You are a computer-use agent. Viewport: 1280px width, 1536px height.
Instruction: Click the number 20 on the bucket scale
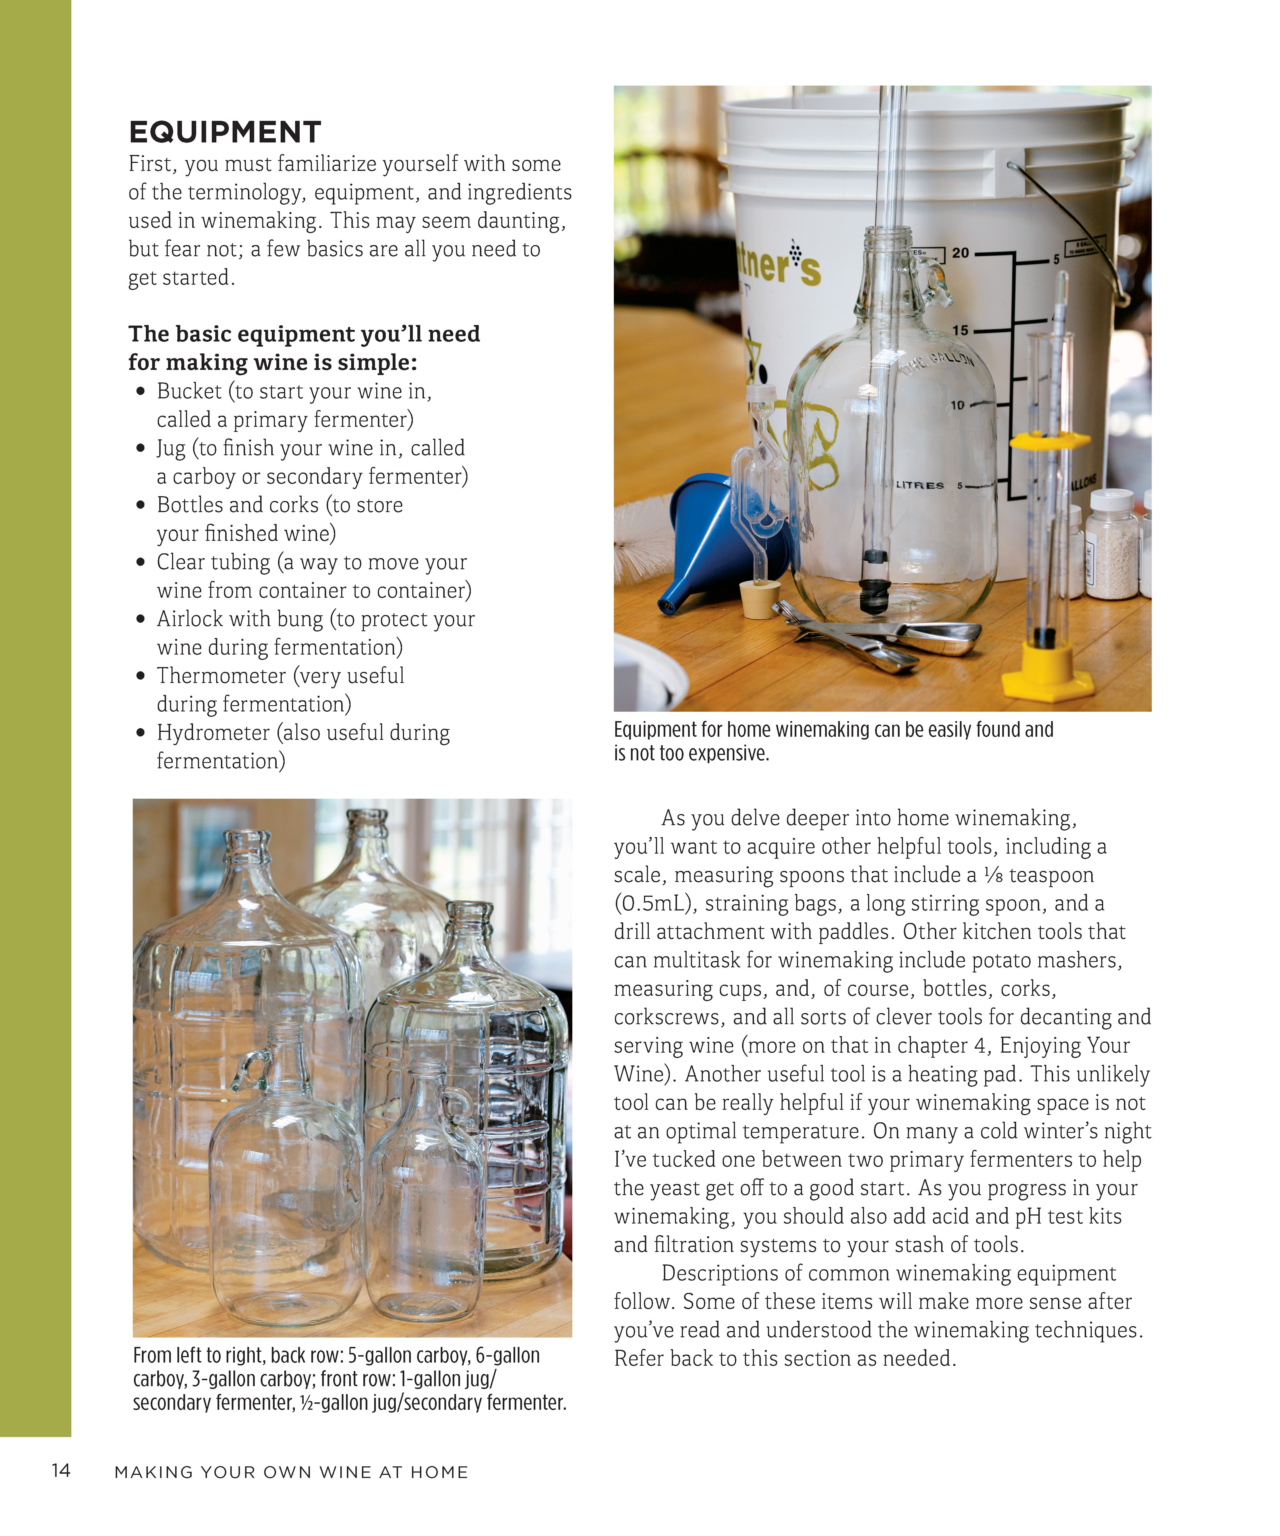click(x=960, y=253)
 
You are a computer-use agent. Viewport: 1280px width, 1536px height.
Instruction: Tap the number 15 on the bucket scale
click(x=960, y=331)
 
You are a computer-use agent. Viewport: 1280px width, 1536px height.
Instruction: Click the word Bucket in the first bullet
click(x=189, y=391)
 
